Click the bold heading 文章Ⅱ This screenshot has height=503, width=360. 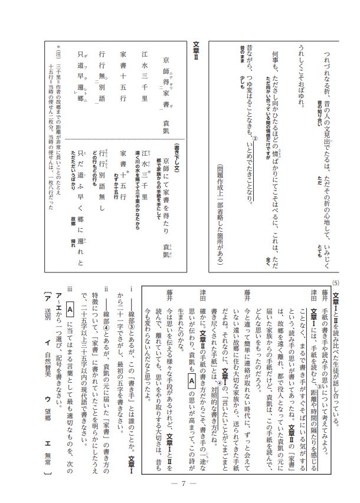tap(196, 51)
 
